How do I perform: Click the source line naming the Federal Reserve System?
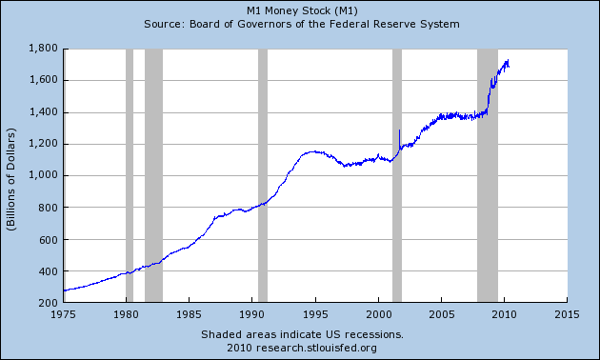[300, 23]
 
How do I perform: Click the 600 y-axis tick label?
[46, 239]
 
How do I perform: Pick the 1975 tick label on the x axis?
[64, 313]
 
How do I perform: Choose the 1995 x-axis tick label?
[315, 313]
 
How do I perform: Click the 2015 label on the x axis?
[567, 313]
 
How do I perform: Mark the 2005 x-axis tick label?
[441, 313]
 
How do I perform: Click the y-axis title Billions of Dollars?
[12, 175]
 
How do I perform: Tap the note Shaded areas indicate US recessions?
[302, 335]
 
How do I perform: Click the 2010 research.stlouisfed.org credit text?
[302, 348]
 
